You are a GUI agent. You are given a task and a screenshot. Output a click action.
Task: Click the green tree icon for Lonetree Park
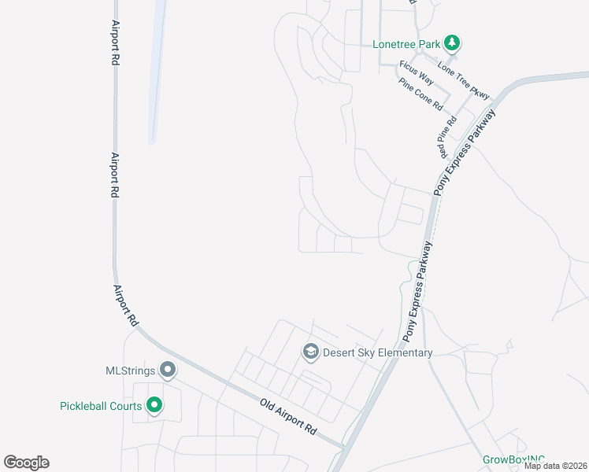(x=452, y=43)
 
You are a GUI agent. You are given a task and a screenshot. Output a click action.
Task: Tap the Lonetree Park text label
(x=406, y=44)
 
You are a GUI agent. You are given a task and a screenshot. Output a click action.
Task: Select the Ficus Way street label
(x=417, y=72)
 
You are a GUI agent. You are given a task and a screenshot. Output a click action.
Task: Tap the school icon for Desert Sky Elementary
(x=310, y=352)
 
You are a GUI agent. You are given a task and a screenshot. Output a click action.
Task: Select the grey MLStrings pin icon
(x=167, y=369)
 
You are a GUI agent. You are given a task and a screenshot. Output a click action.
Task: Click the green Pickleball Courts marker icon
(x=155, y=406)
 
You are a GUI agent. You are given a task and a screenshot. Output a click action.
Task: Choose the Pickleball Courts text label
(x=101, y=407)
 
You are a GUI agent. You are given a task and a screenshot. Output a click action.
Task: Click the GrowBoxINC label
(x=513, y=459)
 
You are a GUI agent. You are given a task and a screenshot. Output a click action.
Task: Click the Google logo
(x=26, y=463)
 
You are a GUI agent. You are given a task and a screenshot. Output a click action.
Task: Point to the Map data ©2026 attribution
(x=555, y=466)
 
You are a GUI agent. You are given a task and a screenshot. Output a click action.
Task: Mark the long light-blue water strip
(x=157, y=71)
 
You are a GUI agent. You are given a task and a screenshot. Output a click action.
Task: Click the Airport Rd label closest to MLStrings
(x=125, y=305)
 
